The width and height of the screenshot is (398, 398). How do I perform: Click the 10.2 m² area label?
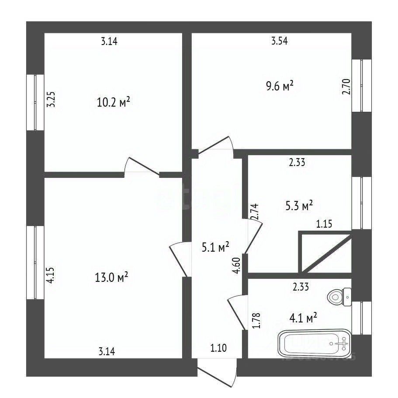click(114, 103)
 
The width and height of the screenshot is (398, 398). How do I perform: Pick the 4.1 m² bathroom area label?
click(303, 318)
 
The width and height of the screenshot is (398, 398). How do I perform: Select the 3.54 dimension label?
click(280, 42)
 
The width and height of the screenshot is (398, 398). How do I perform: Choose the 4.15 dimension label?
click(51, 276)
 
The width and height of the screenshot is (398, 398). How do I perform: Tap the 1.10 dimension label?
click(219, 349)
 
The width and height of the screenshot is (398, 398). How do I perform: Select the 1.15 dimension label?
click(324, 224)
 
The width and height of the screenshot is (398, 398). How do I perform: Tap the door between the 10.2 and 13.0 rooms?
click(142, 167)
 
